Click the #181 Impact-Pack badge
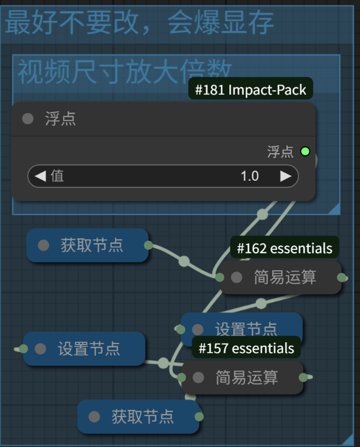click(250, 90)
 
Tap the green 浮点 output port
click(305, 151)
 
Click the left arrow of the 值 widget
click(40, 176)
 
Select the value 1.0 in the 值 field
click(249, 176)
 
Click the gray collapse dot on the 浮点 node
click(28, 119)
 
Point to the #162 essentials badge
click(285, 248)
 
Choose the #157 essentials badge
click(246, 348)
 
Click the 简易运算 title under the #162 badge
click(285, 277)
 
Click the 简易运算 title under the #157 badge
click(247, 378)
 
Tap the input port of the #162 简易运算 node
click(220, 277)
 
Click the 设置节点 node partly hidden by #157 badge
click(246, 328)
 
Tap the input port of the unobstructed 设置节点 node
click(23, 348)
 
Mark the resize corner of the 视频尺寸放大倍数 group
click(335, 209)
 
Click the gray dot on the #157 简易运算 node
click(198, 378)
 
